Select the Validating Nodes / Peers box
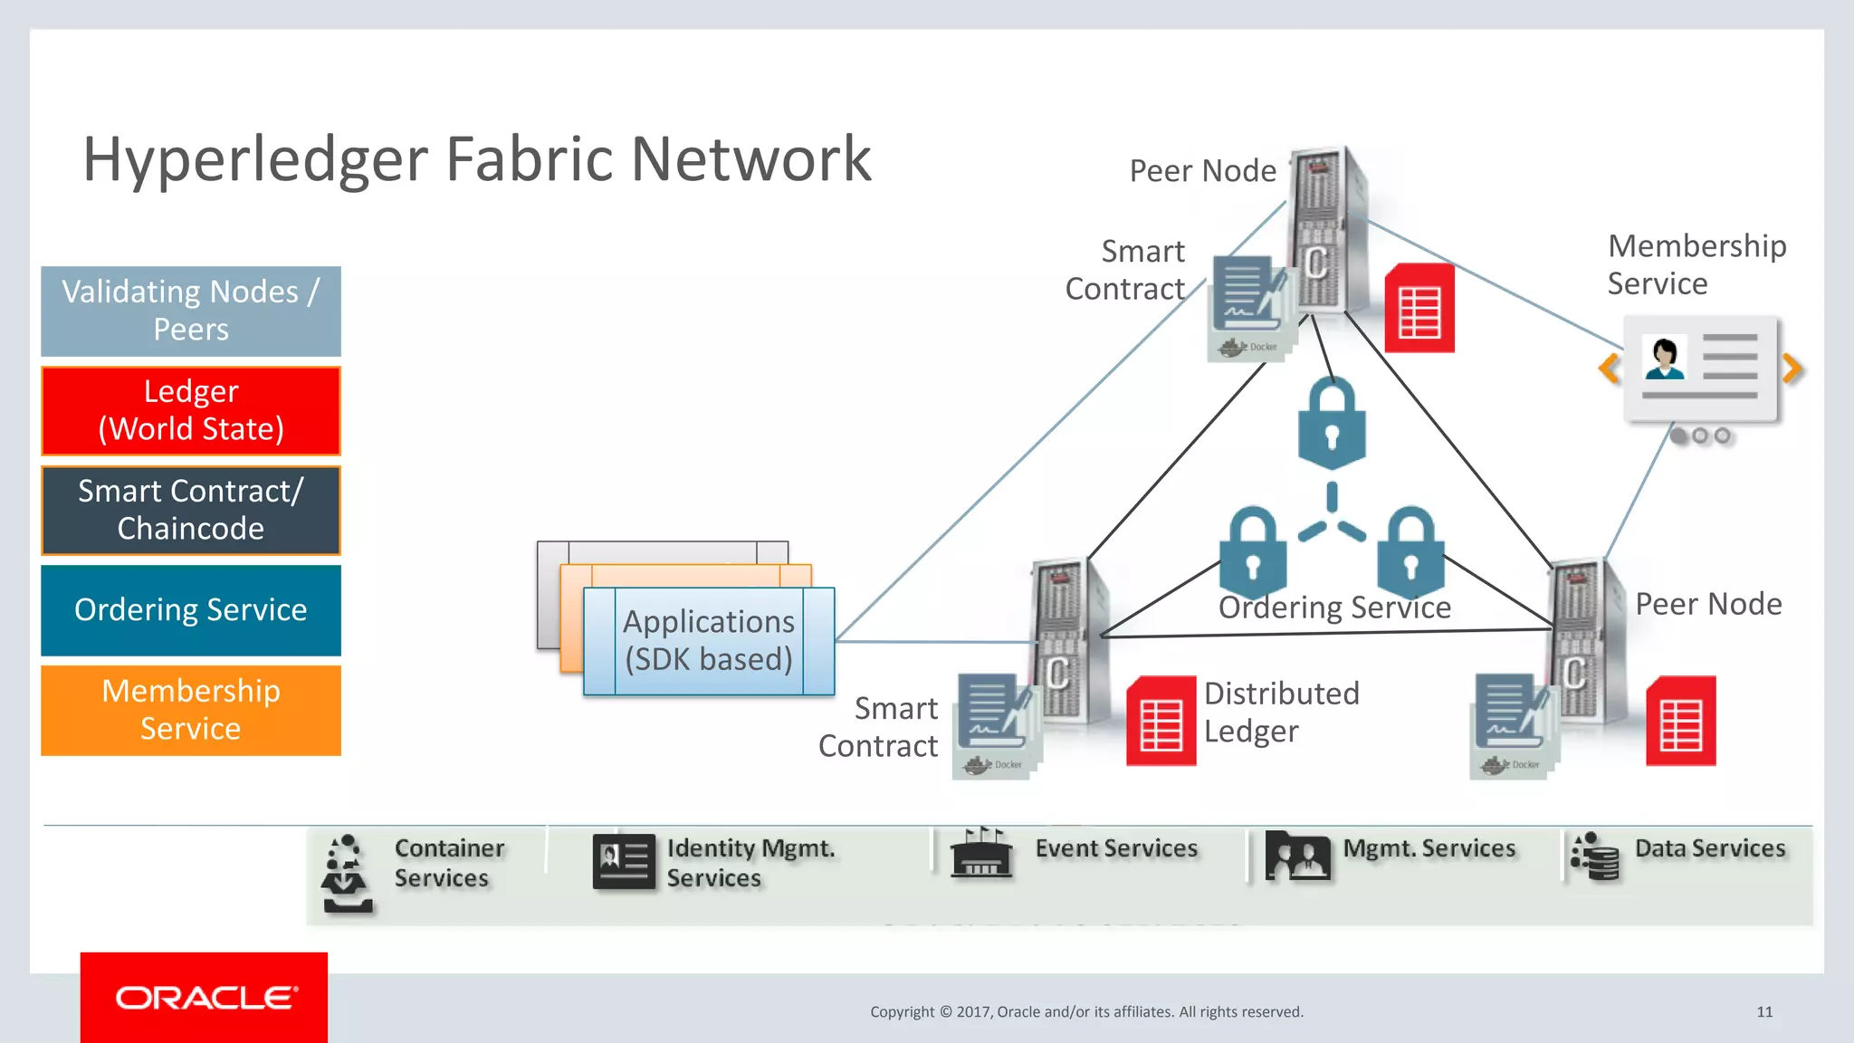click(x=191, y=311)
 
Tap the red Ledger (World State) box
click(x=191, y=410)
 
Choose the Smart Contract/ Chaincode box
click(x=191, y=510)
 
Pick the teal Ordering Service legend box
click(x=191, y=610)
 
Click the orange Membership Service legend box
click(x=191, y=710)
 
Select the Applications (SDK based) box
click(x=709, y=641)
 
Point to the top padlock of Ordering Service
click(x=1332, y=422)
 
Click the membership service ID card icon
click(x=1700, y=368)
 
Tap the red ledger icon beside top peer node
click(x=1419, y=309)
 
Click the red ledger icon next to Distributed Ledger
click(x=1161, y=721)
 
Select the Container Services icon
click(x=346, y=873)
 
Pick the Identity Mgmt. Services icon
click(x=624, y=861)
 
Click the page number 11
click(x=1764, y=1012)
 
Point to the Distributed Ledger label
click(x=1281, y=712)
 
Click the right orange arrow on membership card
click(x=1792, y=368)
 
